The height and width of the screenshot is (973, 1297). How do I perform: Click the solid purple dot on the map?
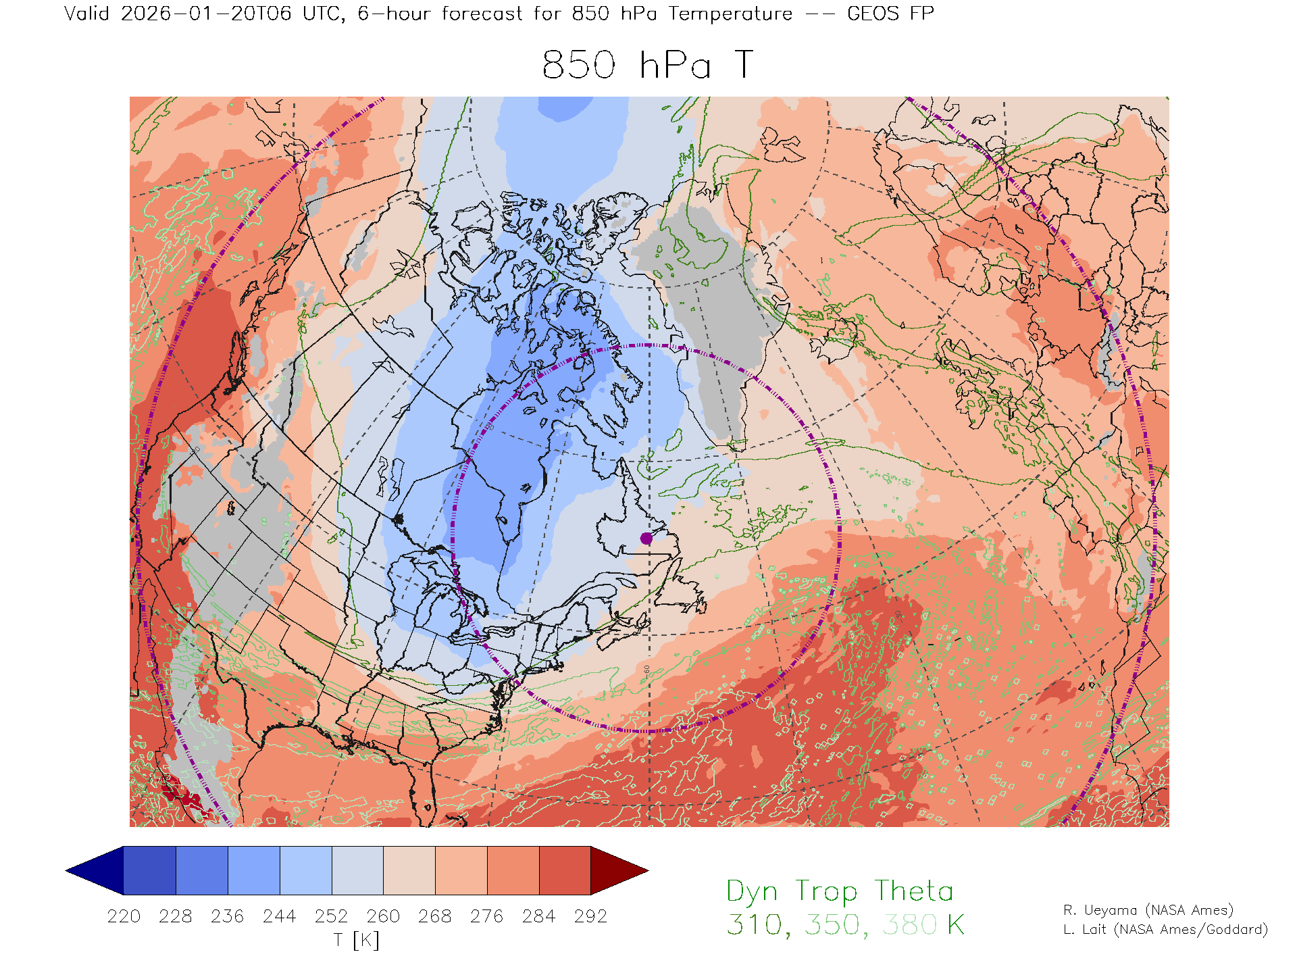click(x=646, y=538)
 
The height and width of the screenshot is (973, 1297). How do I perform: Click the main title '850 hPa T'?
click(x=647, y=66)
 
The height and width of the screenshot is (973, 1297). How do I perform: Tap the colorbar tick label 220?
click(x=124, y=916)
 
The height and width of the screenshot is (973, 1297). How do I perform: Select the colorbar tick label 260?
click(x=383, y=916)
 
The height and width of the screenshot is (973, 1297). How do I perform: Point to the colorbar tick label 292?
click(x=590, y=916)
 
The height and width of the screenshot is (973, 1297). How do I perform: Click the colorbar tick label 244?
click(x=280, y=916)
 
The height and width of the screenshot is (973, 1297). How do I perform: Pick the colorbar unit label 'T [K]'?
click(x=357, y=940)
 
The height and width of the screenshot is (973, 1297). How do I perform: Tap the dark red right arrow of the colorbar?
click(x=617, y=870)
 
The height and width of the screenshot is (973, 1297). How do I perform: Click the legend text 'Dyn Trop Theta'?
click(x=840, y=891)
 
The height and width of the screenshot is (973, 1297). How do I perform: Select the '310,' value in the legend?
click(x=755, y=924)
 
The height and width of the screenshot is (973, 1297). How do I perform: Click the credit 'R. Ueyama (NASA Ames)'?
click(x=1148, y=910)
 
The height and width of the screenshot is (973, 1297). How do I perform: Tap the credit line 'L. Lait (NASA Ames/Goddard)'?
click(x=1165, y=929)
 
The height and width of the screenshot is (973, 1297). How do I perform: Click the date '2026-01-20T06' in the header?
click(x=206, y=14)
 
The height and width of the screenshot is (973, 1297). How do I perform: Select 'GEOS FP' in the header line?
click(x=890, y=14)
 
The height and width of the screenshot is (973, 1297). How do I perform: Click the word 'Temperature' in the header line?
click(x=730, y=14)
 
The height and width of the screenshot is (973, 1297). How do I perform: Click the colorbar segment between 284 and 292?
click(x=565, y=870)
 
